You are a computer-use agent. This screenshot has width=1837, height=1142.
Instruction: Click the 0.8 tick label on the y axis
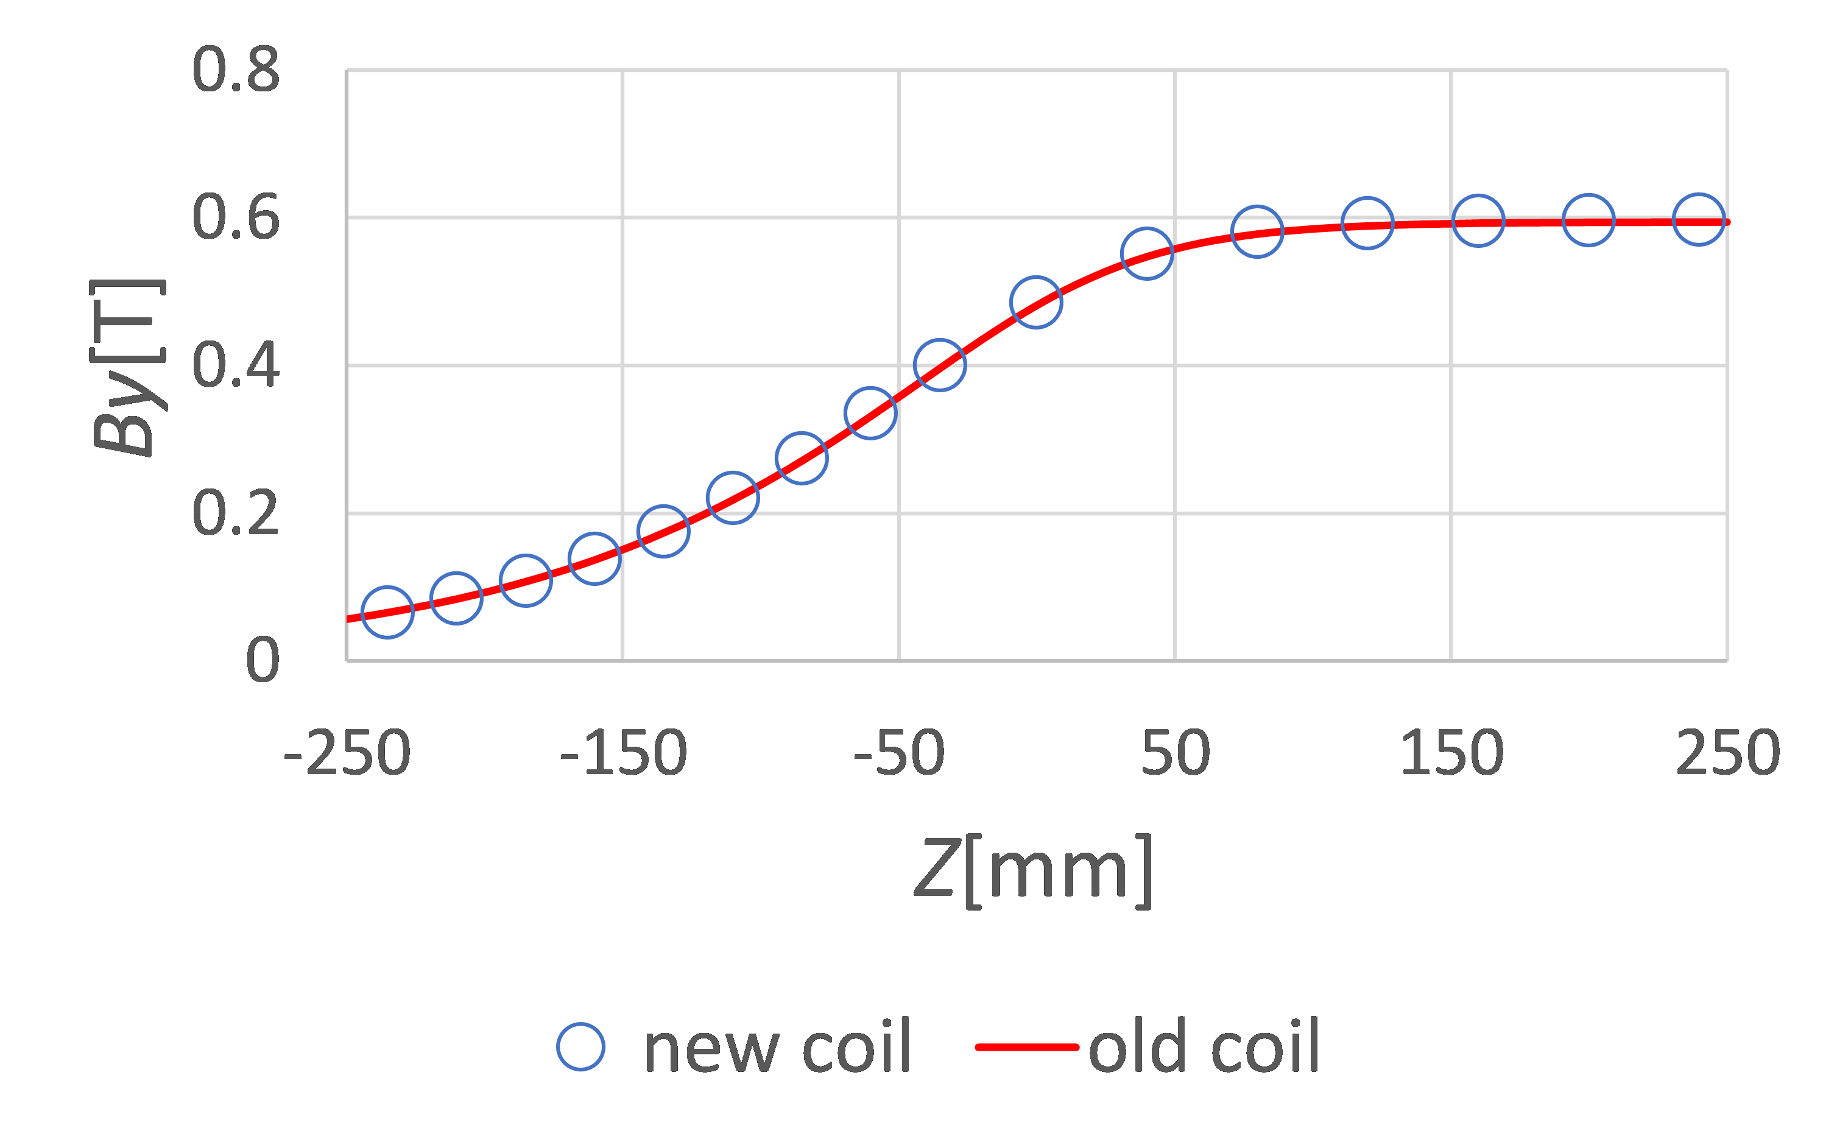(x=236, y=69)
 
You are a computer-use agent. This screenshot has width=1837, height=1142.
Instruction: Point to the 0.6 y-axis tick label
(x=236, y=217)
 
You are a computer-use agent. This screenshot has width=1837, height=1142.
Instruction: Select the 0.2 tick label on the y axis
(x=236, y=513)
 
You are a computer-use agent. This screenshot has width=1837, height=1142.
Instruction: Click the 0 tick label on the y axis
(x=262, y=660)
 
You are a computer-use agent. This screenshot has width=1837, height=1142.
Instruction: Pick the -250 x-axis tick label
(x=347, y=754)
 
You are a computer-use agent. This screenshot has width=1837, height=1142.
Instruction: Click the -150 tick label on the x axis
(x=623, y=754)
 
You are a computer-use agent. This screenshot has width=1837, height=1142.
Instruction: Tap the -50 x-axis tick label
(x=899, y=754)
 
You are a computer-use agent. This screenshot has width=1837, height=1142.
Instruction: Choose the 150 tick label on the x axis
(x=1451, y=754)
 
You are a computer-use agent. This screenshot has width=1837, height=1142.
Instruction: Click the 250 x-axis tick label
(x=1727, y=754)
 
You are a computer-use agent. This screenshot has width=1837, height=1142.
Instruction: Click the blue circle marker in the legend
(x=581, y=1047)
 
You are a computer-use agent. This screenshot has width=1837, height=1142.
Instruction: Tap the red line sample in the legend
(x=1026, y=1047)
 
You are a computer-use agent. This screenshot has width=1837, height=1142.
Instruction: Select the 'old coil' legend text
(x=1204, y=1047)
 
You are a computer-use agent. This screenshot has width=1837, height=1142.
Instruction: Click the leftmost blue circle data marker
(x=387, y=612)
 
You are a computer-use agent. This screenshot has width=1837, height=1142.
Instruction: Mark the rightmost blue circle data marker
(x=1699, y=220)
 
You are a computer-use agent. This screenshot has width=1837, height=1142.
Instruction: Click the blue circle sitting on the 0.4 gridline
(x=940, y=365)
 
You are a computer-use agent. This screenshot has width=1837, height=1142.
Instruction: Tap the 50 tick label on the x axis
(x=1176, y=754)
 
